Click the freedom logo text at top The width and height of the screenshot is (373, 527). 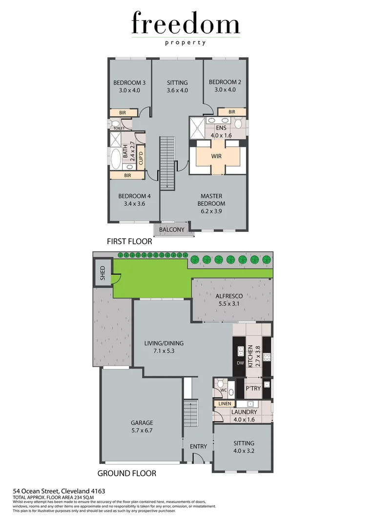click(x=186, y=24)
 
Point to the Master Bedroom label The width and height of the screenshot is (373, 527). click(x=211, y=200)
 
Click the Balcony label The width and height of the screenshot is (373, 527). click(x=171, y=230)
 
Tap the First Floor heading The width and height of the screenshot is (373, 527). click(x=129, y=241)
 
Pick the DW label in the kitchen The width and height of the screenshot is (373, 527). click(x=239, y=364)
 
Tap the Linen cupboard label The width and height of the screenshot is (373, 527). click(x=225, y=404)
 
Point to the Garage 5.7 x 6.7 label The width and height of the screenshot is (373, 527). click(x=142, y=426)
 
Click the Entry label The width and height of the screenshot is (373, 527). click(x=199, y=446)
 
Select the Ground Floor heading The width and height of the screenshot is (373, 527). click(x=127, y=473)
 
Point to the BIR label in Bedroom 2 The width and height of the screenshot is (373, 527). click(x=231, y=112)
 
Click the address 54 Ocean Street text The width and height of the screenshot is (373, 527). click(x=59, y=491)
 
